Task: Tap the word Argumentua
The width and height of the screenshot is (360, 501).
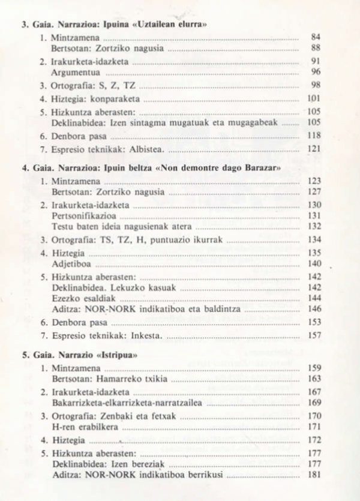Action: coord(75,72)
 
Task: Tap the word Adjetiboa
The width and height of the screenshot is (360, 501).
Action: coord(71,263)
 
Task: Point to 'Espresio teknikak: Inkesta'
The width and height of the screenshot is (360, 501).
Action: coord(110,335)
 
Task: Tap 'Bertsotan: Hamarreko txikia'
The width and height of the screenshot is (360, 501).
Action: coord(109,379)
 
